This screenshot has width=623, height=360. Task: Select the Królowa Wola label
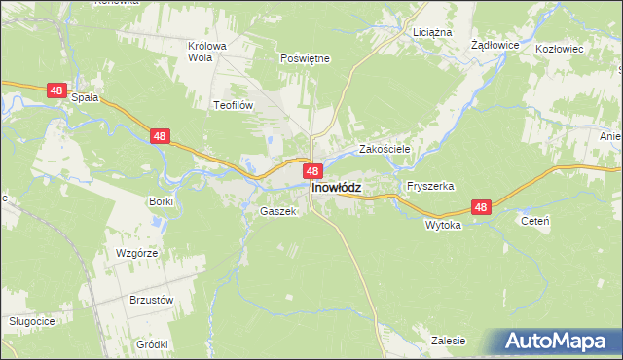pos(206,51)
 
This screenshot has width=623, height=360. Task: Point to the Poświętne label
pos(305,58)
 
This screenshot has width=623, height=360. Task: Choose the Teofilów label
pos(234,103)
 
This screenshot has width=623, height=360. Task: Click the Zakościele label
pos(385,150)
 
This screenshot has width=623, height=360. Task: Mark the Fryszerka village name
pos(431,185)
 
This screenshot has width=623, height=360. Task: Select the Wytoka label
pos(442,224)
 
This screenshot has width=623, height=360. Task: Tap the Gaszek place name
pos(276,211)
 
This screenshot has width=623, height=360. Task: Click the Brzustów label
pos(151,300)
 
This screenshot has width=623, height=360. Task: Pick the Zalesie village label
pos(448,341)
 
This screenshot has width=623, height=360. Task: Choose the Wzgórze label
pos(136,252)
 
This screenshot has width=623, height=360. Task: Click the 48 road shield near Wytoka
pos(482,207)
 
